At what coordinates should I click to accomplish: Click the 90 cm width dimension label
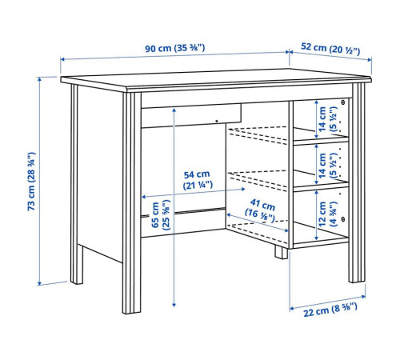(175, 48)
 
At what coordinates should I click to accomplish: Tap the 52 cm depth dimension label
(330, 48)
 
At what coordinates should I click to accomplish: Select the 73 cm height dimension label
(31, 182)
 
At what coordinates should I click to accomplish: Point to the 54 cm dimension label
(198, 180)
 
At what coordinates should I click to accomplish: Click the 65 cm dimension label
(161, 215)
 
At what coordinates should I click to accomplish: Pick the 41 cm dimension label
(261, 210)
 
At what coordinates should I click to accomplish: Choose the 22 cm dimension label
(330, 310)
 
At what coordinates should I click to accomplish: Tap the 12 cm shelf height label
(327, 214)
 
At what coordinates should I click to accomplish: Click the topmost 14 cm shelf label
(327, 118)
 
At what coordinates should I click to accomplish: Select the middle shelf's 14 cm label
(327, 165)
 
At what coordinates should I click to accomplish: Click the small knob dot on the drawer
(217, 121)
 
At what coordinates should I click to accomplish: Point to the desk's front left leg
(132, 202)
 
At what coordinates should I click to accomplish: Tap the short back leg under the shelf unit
(282, 252)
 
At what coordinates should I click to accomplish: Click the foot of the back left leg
(77, 278)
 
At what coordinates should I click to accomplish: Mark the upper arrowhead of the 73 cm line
(40, 79)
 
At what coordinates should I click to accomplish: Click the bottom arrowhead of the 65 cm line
(174, 304)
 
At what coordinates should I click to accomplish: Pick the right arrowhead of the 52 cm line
(370, 60)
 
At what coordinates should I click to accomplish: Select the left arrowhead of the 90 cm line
(62, 59)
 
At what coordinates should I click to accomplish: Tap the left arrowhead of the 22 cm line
(292, 309)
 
